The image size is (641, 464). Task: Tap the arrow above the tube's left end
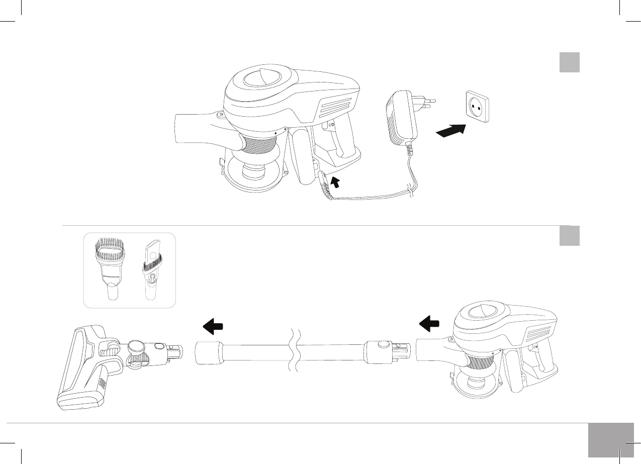[x=213, y=327]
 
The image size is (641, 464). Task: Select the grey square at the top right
[x=570, y=62]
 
